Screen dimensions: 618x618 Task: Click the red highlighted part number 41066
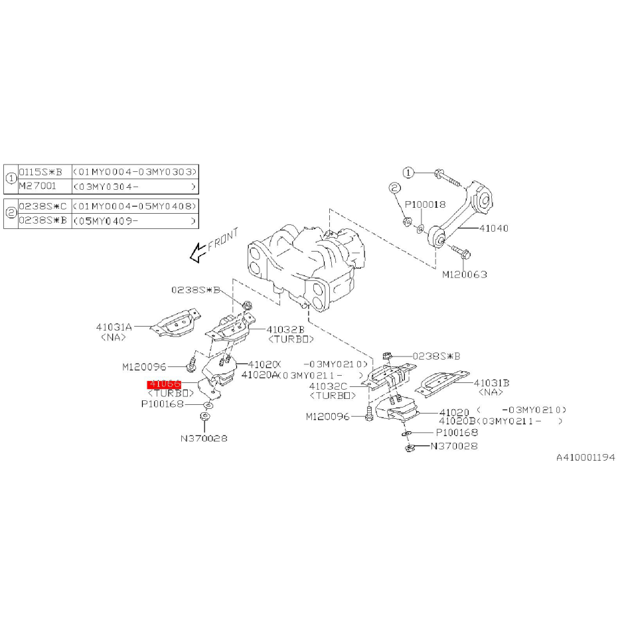coord(164,384)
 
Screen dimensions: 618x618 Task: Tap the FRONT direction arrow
coord(196,252)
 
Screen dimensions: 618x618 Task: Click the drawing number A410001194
coord(585,457)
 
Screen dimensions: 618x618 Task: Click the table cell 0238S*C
coord(42,206)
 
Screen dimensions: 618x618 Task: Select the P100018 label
coord(425,205)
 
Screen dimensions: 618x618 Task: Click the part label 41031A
coord(114,327)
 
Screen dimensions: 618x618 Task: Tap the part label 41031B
coord(492,382)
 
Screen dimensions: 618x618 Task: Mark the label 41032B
coord(286,329)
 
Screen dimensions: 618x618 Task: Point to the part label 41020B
coord(458,422)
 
